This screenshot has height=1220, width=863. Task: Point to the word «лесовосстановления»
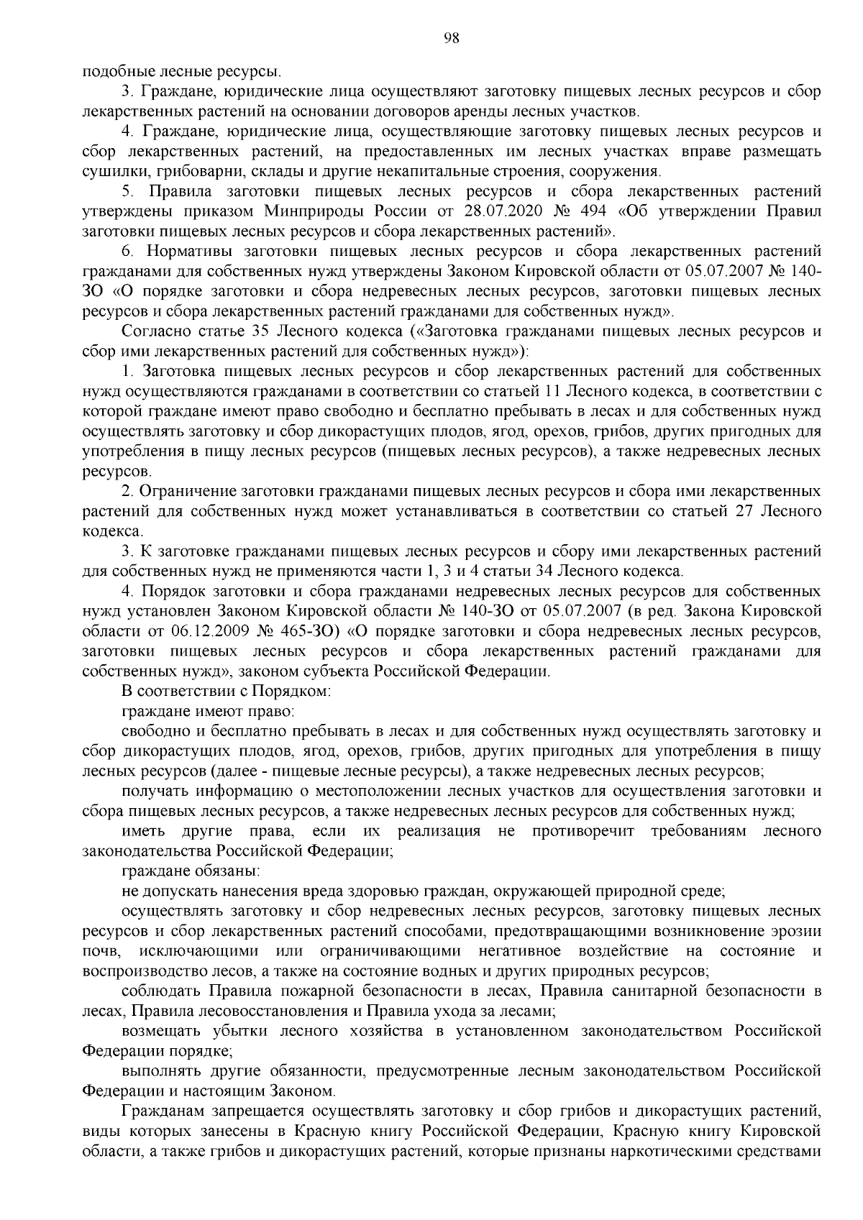point(260,1011)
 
